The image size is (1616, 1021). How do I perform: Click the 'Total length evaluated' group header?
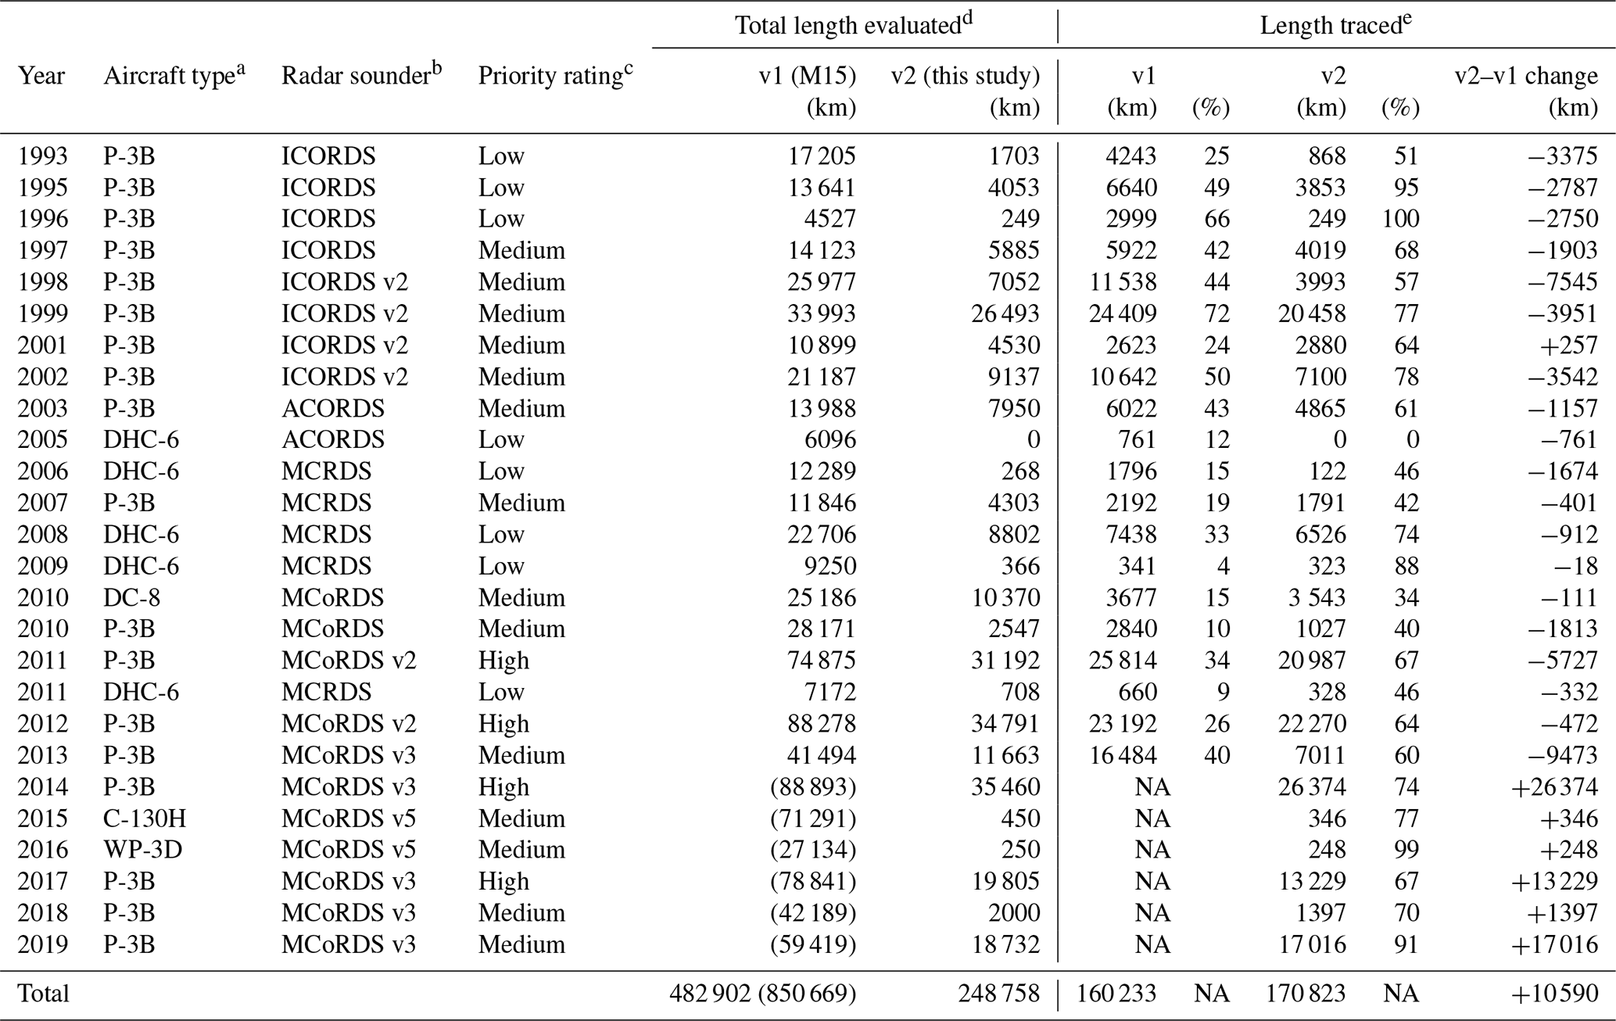[x=854, y=25]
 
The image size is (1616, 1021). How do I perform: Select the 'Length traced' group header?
[x=1335, y=25]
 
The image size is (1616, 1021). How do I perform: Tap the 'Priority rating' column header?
[x=555, y=75]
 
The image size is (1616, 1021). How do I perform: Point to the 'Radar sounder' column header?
[x=361, y=75]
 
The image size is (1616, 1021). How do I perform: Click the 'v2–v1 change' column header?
[x=1525, y=76]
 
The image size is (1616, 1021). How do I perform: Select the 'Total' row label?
[x=43, y=993]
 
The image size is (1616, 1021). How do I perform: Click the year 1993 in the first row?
[x=43, y=156]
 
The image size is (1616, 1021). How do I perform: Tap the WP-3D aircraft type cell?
[x=143, y=850]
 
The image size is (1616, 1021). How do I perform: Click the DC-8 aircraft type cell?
[x=130, y=597]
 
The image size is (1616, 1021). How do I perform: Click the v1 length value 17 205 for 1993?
[x=822, y=156]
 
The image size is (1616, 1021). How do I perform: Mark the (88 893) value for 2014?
[x=813, y=787]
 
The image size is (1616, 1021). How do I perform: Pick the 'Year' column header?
[x=41, y=76]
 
